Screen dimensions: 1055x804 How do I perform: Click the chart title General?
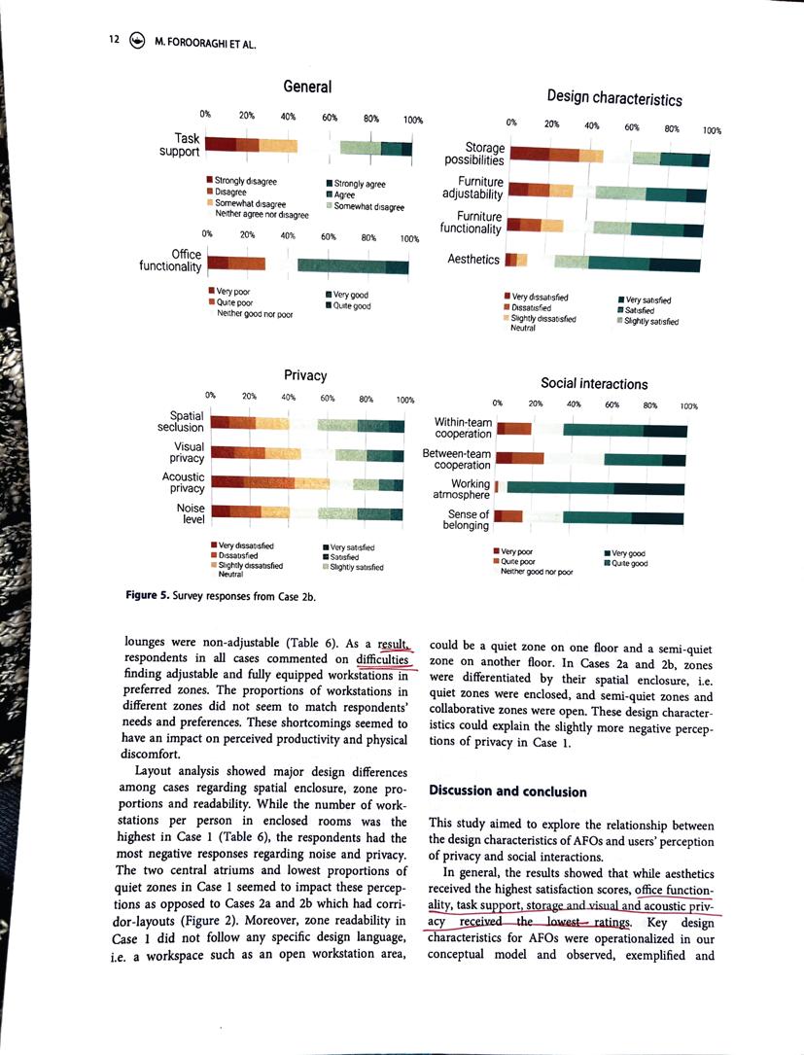click(307, 87)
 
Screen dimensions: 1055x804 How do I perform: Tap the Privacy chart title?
click(304, 374)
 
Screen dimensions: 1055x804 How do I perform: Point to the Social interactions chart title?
click(593, 384)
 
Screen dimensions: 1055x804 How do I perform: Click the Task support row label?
click(180, 145)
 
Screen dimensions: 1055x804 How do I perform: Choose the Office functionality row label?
click(171, 261)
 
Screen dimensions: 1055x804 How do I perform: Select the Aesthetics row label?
click(473, 259)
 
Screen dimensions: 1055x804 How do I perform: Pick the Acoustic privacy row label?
click(183, 483)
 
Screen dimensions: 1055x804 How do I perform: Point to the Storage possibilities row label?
click(474, 154)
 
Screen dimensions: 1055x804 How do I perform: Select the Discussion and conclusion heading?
click(507, 791)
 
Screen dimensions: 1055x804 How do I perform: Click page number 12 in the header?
click(114, 41)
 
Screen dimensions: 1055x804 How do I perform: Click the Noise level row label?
click(184, 512)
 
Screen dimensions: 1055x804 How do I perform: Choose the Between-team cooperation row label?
click(456, 459)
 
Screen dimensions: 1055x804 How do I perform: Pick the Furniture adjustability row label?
click(472, 188)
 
